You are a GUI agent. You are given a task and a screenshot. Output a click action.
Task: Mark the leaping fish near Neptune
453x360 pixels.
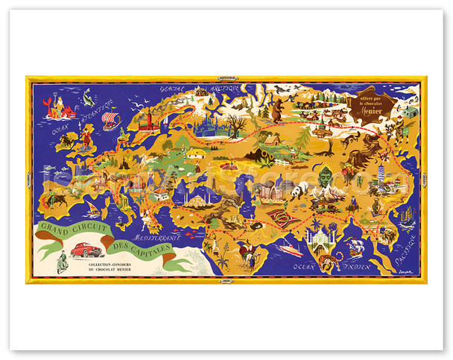click(90, 95)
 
